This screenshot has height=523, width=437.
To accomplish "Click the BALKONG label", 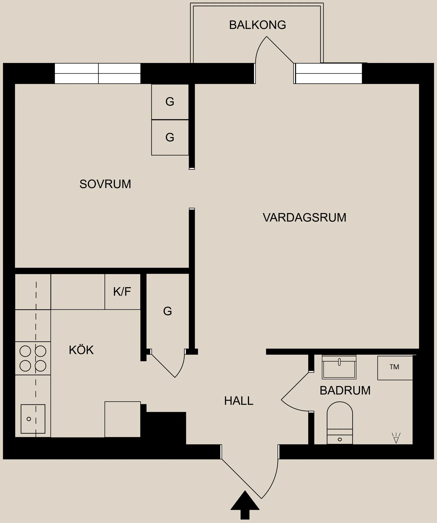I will coord(257,25).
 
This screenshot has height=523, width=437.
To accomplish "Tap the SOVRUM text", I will coord(105,184).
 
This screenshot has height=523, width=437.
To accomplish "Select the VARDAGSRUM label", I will coord(305,218).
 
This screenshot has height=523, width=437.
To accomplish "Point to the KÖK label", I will coord(81,350).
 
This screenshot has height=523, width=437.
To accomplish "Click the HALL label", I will coord(239,401).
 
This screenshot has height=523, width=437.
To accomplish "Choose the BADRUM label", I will coord(345,391).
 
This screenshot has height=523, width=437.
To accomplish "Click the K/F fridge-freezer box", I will coord(122,292).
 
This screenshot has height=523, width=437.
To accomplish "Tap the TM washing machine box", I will coord(395,368).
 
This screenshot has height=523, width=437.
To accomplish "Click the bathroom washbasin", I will coord(339,367).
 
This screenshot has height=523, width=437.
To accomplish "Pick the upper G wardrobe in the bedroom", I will coord(170,102).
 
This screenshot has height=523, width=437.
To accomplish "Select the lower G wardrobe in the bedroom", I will coord(170,137).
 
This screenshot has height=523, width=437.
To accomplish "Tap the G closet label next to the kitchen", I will coord(167,311).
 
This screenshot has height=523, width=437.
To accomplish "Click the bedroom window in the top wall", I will coord(97,73).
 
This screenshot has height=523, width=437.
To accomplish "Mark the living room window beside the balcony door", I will coord(328,73).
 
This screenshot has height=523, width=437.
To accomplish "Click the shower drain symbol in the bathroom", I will coord(396,438).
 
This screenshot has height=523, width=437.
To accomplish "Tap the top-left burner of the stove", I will coord(25,351).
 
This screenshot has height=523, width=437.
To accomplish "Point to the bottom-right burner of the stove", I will coord(41,366).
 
